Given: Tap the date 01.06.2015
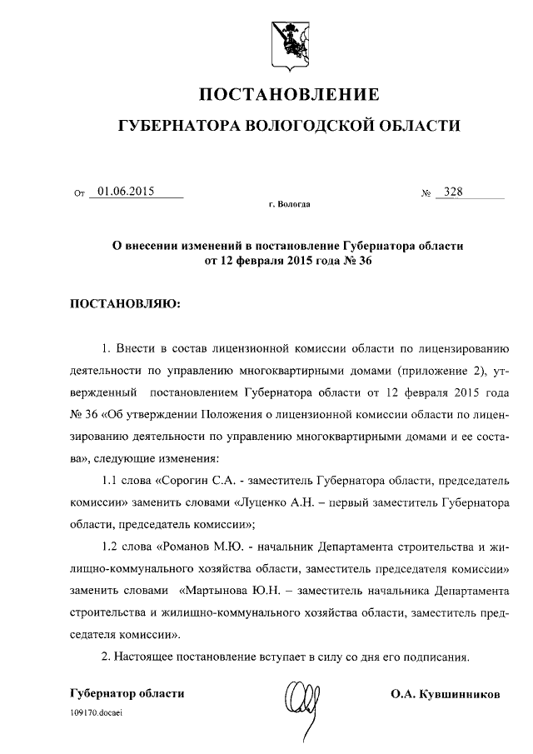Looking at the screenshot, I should click(126, 192).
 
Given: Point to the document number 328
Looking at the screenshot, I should click(454, 192).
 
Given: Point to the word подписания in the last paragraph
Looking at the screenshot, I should click(433, 657).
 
